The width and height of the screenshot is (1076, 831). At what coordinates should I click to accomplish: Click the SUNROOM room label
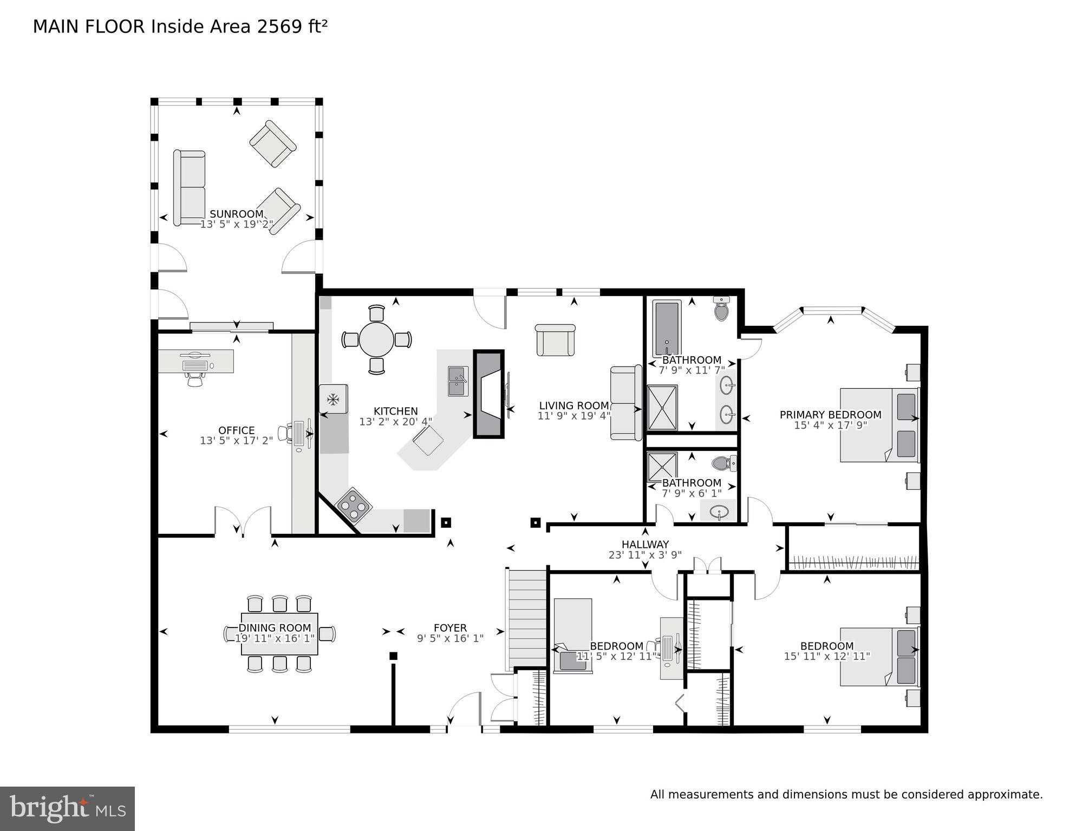pyautogui.click(x=236, y=214)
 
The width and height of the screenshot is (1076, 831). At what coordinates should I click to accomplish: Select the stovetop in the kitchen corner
pyautogui.click(x=354, y=506)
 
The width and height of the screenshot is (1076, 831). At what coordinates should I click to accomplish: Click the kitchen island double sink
pyautogui.click(x=458, y=381)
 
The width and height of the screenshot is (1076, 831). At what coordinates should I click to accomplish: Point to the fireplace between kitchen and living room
pyautogui.click(x=488, y=394)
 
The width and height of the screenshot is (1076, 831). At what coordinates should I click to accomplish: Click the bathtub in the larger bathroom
pyautogui.click(x=666, y=329)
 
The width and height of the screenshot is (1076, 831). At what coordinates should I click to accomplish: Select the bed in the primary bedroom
pyautogui.click(x=878, y=425)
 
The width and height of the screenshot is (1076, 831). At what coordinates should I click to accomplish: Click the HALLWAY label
pyautogui.click(x=644, y=544)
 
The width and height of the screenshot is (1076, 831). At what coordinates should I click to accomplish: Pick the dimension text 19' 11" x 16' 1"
pyautogui.click(x=275, y=638)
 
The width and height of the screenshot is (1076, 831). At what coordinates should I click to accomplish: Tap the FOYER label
pyautogui.click(x=450, y=628)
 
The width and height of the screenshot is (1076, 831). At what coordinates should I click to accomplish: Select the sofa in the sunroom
pyautogui.click(x=189, y=187)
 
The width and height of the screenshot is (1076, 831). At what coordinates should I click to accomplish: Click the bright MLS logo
pyautogui.click(x=67, y=809)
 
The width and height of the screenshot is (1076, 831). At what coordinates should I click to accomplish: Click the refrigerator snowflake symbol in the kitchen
pyautogui.click(x=332, y=400)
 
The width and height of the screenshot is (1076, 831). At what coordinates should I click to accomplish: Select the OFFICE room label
pyautogui.click(x=236, y=431)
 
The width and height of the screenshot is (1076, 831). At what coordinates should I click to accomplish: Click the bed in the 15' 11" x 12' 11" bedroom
pyautogui.click(x=878, y=657)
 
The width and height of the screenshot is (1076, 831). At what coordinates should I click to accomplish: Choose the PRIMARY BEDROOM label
pyautogui.click(x=830, y=415)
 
